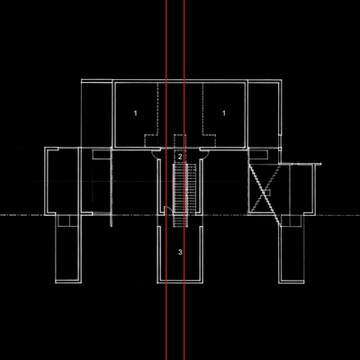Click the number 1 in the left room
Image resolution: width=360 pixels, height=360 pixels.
click(135, 113)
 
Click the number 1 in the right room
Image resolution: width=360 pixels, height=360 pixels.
click(223, 113)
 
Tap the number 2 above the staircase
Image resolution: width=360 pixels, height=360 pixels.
click(180, 157)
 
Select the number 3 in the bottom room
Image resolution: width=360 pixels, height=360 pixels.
click(180, 252)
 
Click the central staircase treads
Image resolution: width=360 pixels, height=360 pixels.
click(180, 195)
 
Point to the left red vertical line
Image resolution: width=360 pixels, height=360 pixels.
click(166, 180)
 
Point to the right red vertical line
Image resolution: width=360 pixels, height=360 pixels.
click(184, 180)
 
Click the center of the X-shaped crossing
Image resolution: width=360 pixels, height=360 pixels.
click(265, 192)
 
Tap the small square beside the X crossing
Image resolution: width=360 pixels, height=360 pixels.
click(268, 193)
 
